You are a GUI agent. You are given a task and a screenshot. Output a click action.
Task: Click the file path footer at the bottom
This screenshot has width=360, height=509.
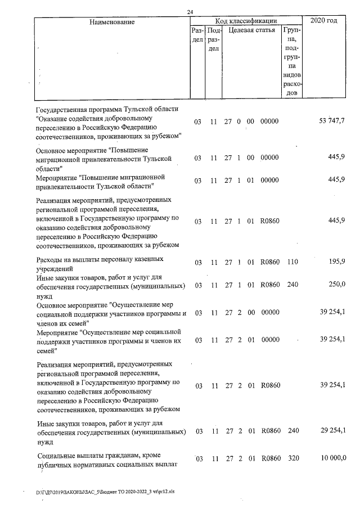(105, 490)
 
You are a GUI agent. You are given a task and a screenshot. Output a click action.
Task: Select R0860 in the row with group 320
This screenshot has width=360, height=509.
(270, 459)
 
